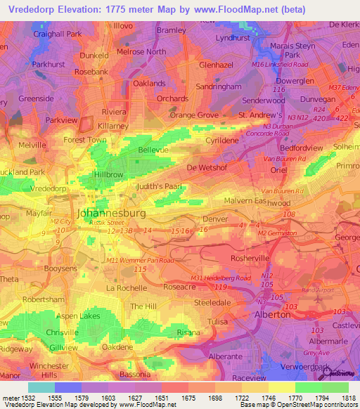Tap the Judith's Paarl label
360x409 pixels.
(160, 186)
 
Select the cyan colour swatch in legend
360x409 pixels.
(41, 387)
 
